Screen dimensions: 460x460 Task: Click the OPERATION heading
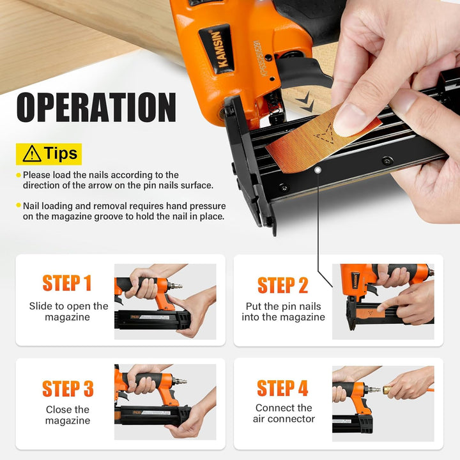96,107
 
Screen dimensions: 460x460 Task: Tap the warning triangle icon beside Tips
32,154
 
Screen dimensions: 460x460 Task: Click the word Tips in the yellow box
61,153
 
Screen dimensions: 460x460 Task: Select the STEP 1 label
67,283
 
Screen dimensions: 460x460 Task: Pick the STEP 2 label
283,286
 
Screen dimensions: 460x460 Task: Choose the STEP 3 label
68,388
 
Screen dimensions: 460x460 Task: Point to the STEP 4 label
282,388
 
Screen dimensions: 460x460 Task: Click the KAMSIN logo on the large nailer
217,49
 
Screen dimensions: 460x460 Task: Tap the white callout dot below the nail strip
318,169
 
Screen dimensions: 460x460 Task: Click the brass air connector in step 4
388,390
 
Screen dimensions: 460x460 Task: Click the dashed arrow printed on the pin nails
325,134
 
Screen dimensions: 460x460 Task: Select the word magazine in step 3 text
68,420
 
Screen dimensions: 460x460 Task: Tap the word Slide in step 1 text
40,306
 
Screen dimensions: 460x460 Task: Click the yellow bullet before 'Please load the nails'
19,175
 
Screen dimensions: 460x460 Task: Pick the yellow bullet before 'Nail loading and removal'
19,205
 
